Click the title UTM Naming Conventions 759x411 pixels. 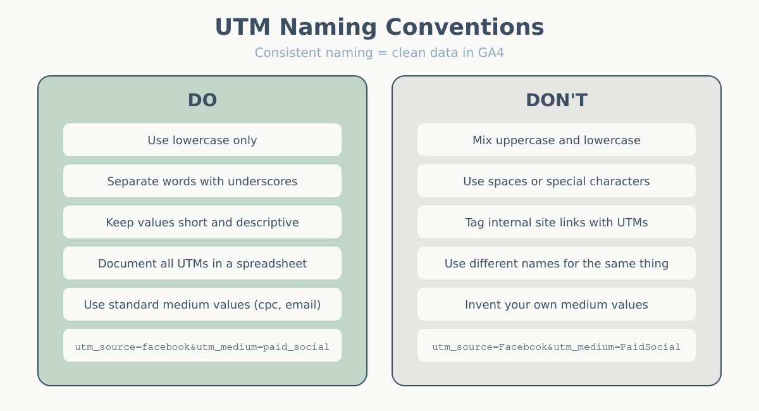pos(379,27)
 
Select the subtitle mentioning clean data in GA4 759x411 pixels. pos(379,52)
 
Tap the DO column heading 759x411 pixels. pos(202,100)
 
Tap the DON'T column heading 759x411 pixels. pos(557,100)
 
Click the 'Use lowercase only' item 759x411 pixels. pos(202,140)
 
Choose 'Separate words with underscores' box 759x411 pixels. pos(202,181)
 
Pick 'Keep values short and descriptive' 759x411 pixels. pos(202,222)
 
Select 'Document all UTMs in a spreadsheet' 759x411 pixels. pos(202,263)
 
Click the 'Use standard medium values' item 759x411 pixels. pos(202,304)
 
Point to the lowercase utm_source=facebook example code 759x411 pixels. pos(202,346)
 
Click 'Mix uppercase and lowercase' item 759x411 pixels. pos(557,140)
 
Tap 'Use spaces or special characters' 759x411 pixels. pos(557,181)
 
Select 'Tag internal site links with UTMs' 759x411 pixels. pos(557,222)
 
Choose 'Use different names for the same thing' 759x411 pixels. pos(557,263)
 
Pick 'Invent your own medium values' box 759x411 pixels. pos(557,304)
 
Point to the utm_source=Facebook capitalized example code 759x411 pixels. pos(557,346)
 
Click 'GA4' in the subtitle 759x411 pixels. pos(491,52)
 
